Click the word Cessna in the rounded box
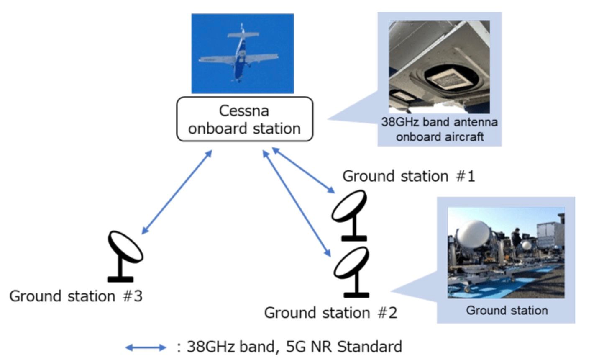244,111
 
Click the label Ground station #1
409,176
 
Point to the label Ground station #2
330,313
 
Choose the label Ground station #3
76,296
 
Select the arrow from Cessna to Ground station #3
177,192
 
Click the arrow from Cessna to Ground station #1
303,170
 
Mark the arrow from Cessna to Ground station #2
296,203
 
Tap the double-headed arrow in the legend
146,347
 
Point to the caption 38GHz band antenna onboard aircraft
439,129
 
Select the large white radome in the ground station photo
473,235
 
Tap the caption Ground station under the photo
507,310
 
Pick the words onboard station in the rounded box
244,129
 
